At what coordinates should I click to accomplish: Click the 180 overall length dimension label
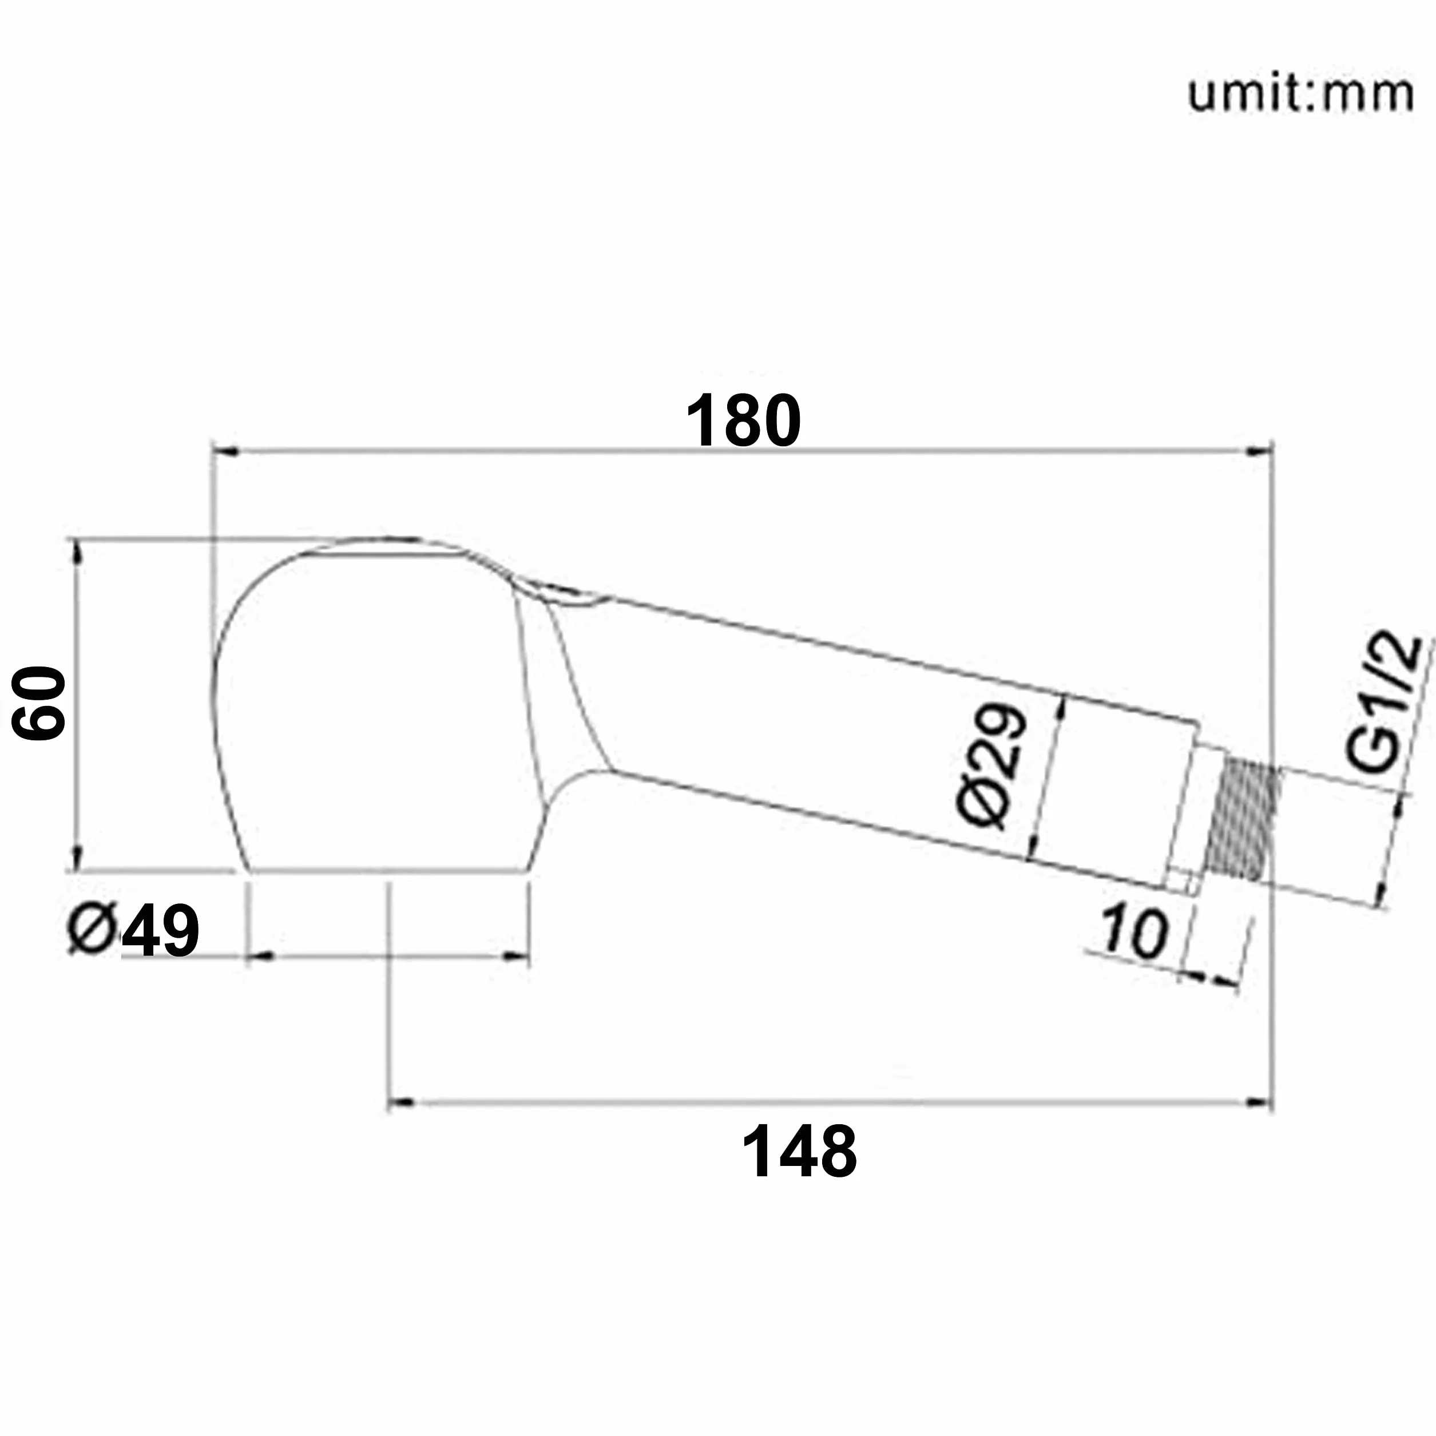(x=743, y=421)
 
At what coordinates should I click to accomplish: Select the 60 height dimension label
(x=39, y=703)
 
